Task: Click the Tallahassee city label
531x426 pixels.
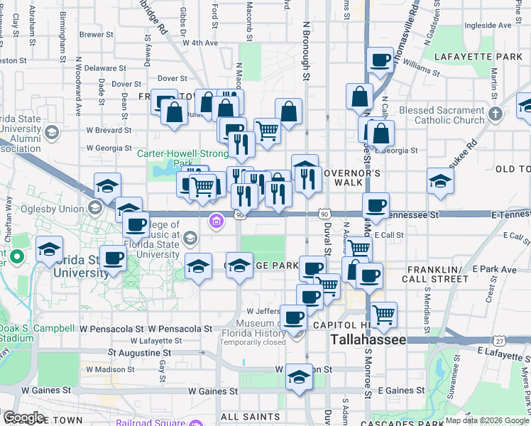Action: pyautogui.click(x=368, y=340)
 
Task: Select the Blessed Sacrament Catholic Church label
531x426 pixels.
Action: pyautogui.click(x=442, y=115)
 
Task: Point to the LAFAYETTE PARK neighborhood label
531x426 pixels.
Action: pyautogui.click(x=482, y=56)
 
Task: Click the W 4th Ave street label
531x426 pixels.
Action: pyautogui.click(x=199, y=43)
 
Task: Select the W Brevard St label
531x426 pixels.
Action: pyautogui.click(x=109, y=130)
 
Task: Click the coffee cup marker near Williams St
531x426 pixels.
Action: pyautogui.click(x=381, y=60)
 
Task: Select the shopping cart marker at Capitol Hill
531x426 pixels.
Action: pyautogui.click(x=384, y=313)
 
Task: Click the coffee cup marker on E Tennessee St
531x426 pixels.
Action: pyautogui.click(x=376, y=206)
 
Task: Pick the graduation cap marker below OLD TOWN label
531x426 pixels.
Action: pyautogui.click(x=440, y=181)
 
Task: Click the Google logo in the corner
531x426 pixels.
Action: pyautogui.click(x=23, y=417)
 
